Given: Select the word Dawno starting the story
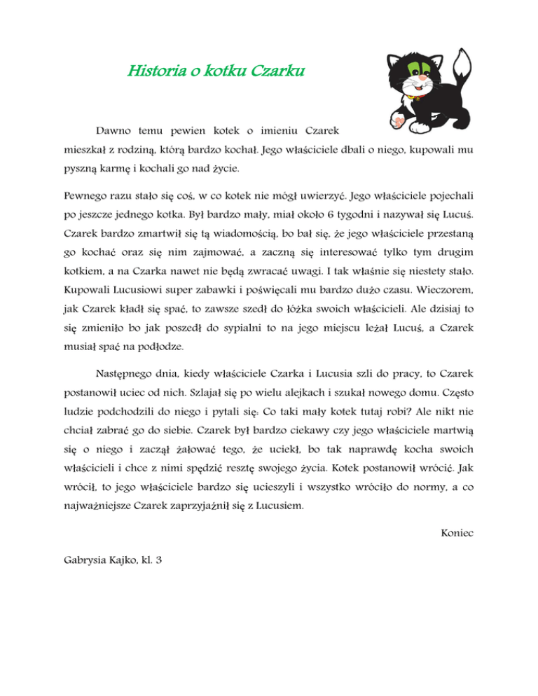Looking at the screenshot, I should pos(113,131).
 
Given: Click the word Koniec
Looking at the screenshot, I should pos(457,534).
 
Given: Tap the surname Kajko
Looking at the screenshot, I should pos(133,561).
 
